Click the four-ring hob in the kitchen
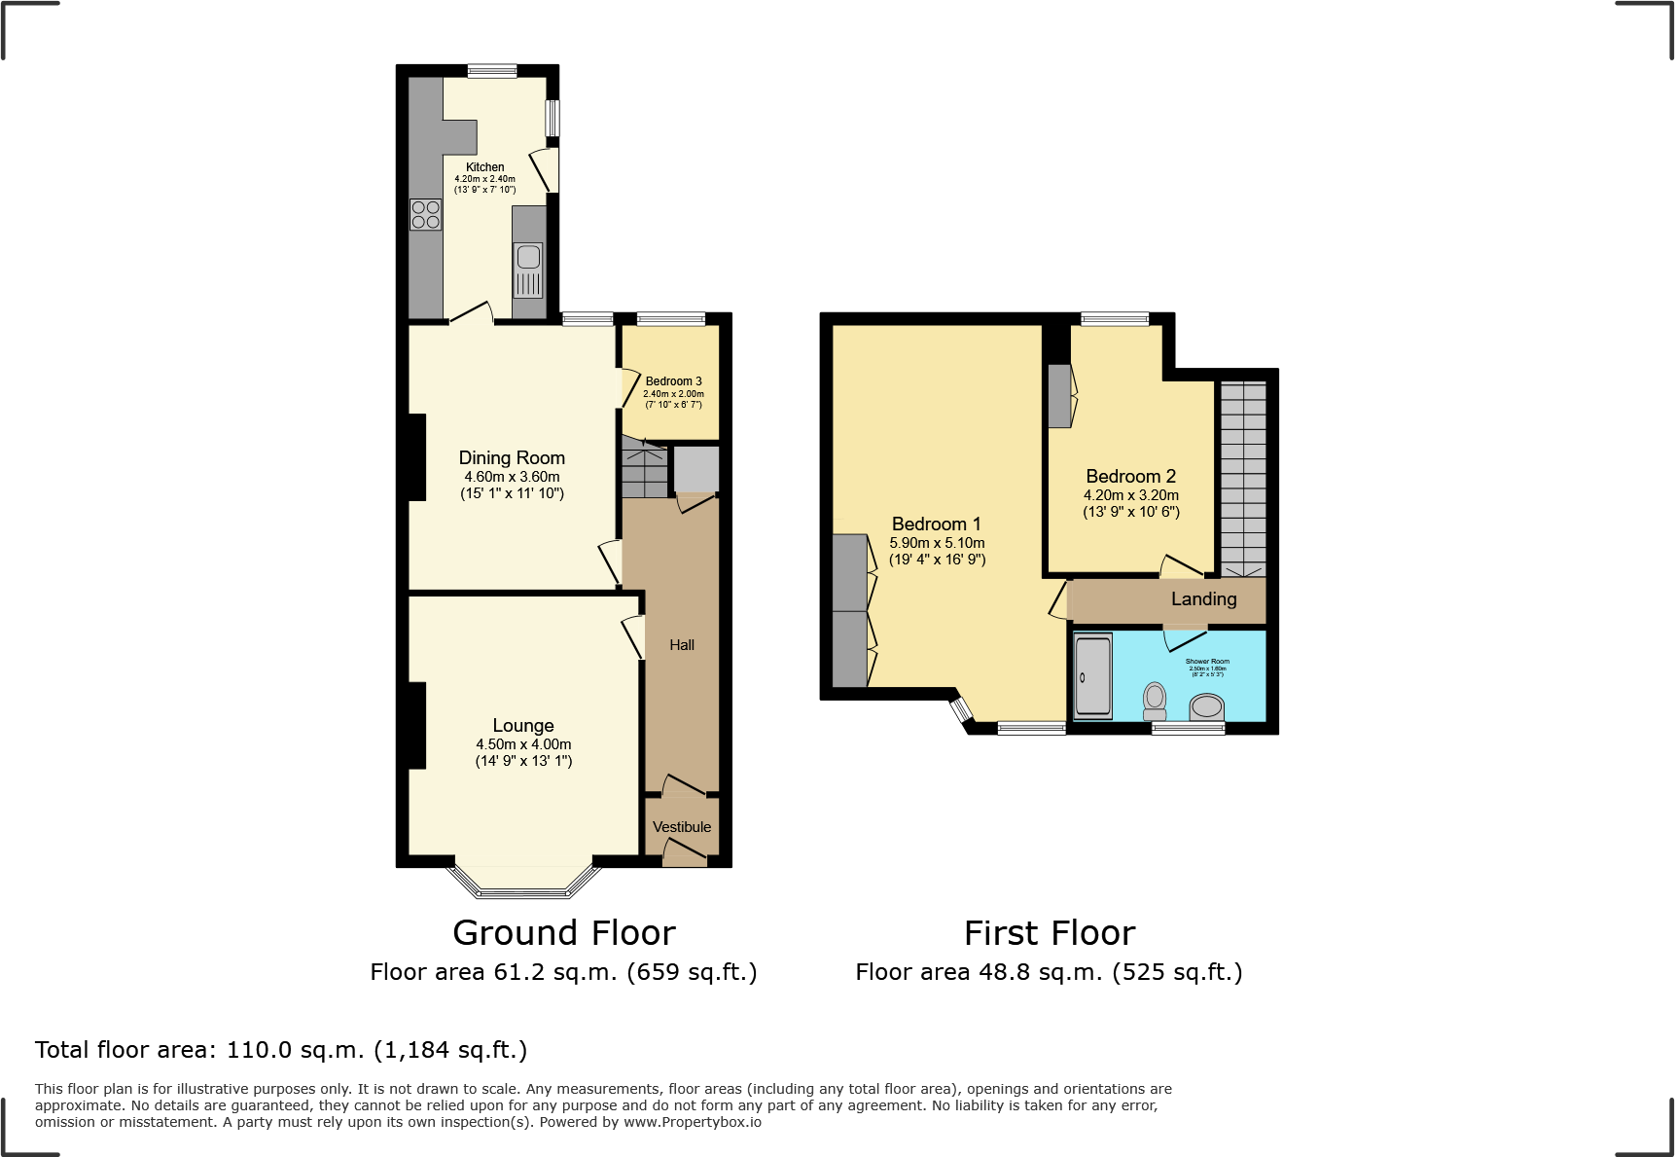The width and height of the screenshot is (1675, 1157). (x=425, y=214)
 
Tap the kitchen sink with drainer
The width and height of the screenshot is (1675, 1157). (x=528, y=270)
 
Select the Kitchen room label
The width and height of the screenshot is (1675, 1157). (x=484, y=166)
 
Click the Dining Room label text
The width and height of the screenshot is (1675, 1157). (x=512, y=457)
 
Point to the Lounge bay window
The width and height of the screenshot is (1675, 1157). (x=524, y=882)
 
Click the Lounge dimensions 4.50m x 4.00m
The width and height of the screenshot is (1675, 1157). (x=523, y=744)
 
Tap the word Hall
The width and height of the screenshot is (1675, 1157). (x=682, y=645)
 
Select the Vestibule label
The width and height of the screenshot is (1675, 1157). (x=682, y=827)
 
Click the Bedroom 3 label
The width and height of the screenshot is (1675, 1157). (x=673, y=381)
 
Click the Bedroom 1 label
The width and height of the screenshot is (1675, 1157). (x=936, y=524)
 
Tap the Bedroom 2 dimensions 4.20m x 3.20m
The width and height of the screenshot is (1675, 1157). (x=1131, y=495)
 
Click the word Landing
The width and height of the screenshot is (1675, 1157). (x=1203, y=599)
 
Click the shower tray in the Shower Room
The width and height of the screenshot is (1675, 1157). (x=1093, y=676)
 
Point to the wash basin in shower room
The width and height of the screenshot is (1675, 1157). (x=1207, y=705)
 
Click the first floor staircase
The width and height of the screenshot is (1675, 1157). (x=1243, y=477)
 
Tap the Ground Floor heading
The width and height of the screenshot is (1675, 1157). (x=563, y=933)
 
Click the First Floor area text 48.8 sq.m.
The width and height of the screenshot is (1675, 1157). (x=1049, y=972)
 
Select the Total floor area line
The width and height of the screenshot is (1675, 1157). (x=281, y=1050)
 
